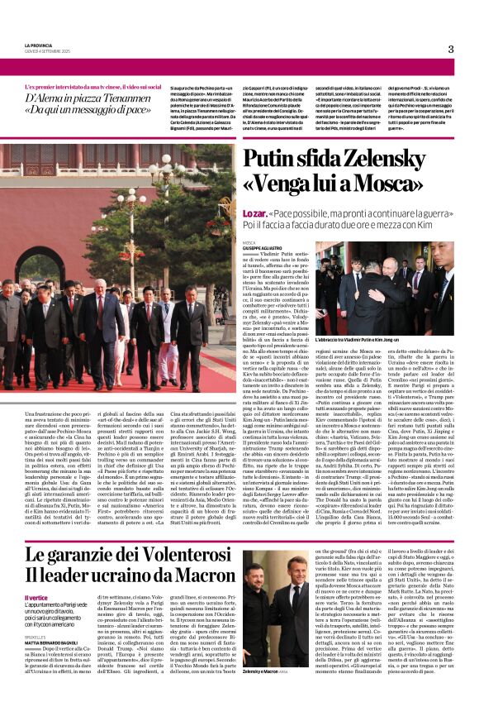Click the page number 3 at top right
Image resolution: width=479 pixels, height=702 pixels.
coord(450,49)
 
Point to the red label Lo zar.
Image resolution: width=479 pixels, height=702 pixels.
coord(255,213)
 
